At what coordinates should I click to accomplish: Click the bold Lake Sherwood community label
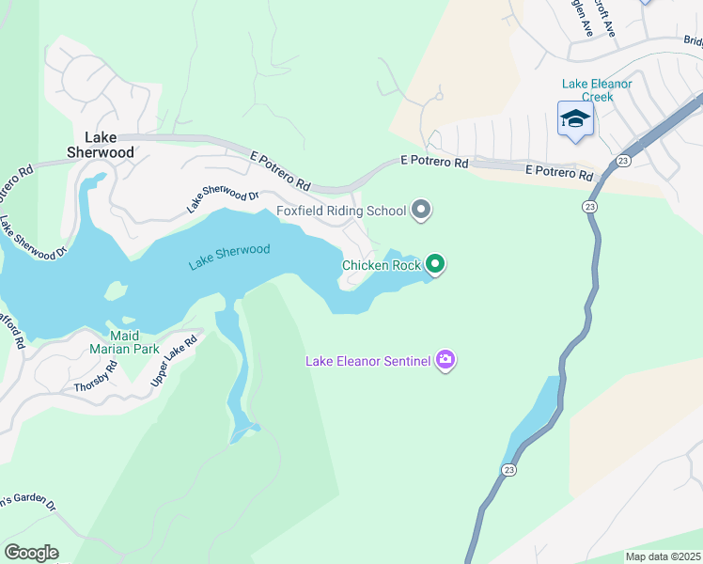click(x=103, y=144)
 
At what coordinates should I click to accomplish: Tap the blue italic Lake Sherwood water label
click(x=228, y=257)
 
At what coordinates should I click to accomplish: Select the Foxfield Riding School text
click(x=340, y=211)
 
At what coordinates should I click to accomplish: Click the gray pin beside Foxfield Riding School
click(x=421, y=210)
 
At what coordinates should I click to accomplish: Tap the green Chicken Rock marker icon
click(x=434, y=264)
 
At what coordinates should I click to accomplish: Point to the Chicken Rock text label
click(x=381, y=265)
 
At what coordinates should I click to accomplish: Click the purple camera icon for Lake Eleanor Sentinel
click(x=445, y=360)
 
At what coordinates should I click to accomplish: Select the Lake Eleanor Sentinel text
click(x=367, y=361)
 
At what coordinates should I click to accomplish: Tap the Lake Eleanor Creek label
click(x=597, y=90)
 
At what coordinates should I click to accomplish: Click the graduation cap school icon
click(x=575, y=119)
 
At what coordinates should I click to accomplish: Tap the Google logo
click(x=31, y=553)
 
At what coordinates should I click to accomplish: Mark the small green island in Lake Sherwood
click(x=116, y=291)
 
